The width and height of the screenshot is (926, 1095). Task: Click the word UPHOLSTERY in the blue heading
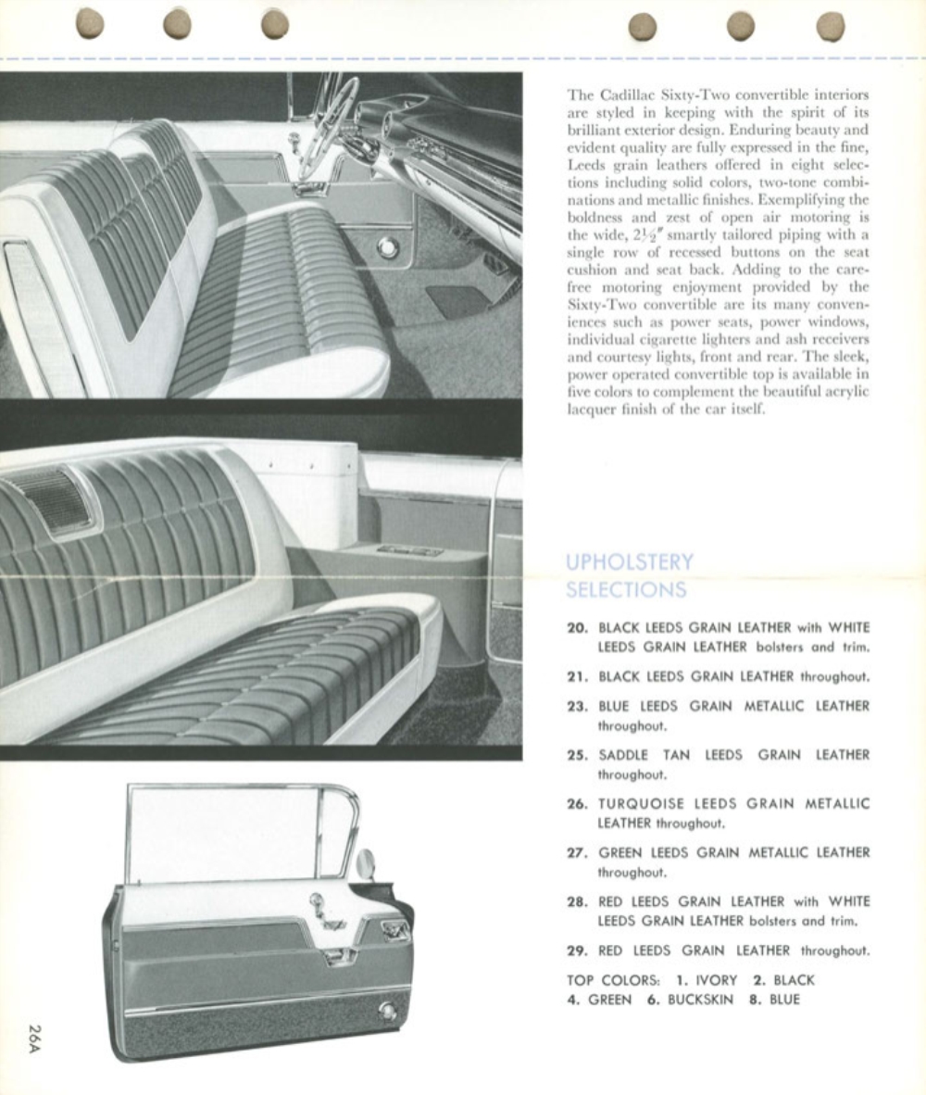(629, 562)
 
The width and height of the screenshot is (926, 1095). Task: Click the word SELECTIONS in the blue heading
(626, 589)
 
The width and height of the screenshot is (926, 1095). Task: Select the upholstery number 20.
(577, 628)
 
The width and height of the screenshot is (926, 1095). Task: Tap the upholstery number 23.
(577, 706)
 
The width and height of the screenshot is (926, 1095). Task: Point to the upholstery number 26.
(577, 804)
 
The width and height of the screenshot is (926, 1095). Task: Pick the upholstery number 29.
(577, 950)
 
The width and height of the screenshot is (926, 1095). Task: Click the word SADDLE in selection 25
(622, 755)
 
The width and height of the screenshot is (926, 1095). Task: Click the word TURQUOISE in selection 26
(641, 804)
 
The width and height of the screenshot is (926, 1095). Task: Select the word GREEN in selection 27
(620, 853)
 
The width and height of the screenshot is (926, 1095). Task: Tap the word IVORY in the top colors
(716, 980)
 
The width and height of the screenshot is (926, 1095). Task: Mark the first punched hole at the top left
(90, 24)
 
